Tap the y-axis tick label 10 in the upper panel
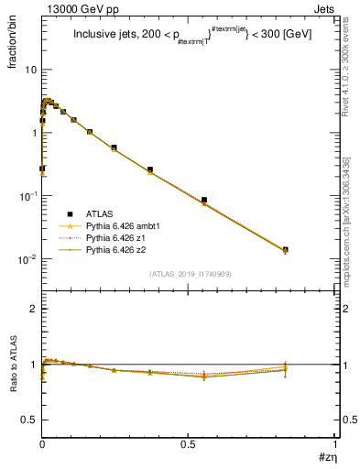click(30, 71)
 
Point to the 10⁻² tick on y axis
click(27, 259)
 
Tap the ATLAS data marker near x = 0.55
click(204, 200)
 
